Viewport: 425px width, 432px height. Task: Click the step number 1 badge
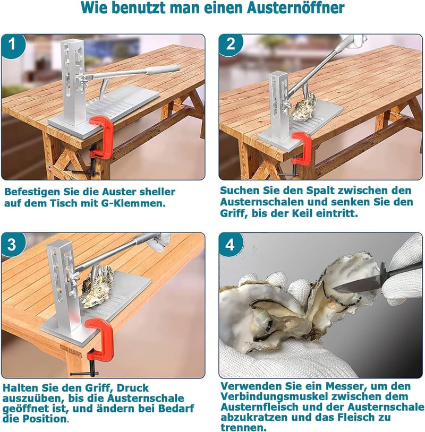point(13,45)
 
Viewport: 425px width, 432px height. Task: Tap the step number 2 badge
point(230,45)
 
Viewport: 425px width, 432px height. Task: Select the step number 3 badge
point(13,244)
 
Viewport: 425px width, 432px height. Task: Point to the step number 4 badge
point(230,244)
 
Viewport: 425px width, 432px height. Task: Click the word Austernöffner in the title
point(296,8)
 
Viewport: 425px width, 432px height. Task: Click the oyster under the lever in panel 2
point(304,107)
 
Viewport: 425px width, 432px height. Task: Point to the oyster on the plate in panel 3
point(97,287)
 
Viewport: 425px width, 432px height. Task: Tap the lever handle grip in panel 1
point(163,70)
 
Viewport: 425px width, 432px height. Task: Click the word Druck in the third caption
point(133,387)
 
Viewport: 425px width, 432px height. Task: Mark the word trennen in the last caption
point(244,427)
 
